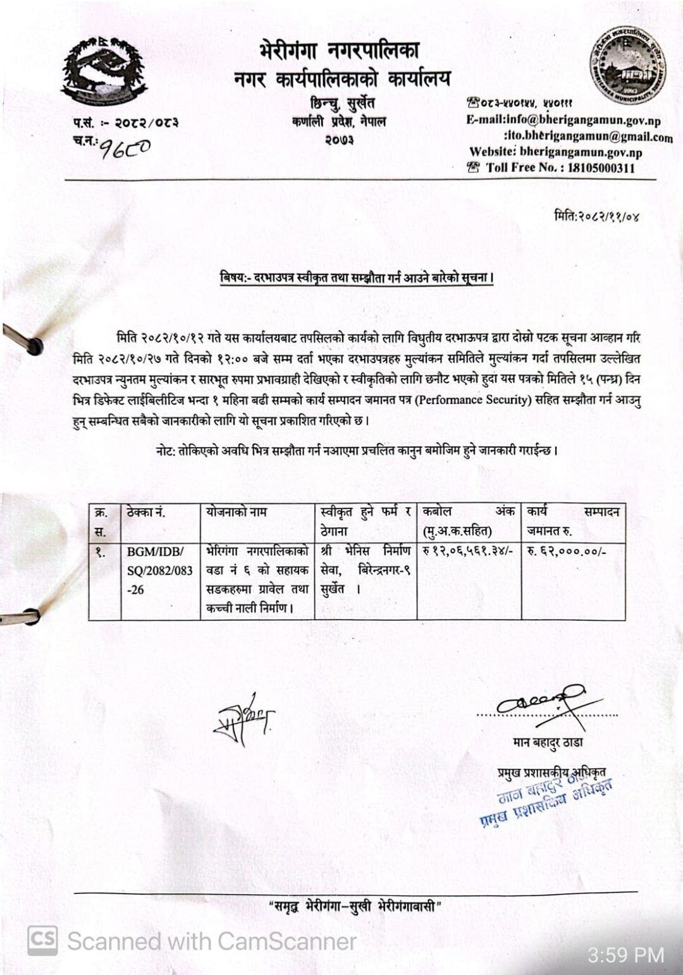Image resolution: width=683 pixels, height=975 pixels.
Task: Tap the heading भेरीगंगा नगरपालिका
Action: pos(339,51)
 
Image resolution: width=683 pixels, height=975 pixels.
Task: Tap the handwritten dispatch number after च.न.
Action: pos(126,148)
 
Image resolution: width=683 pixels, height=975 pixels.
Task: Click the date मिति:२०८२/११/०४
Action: pos(596,216)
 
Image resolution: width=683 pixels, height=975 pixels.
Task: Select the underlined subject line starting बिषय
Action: pos(357,278)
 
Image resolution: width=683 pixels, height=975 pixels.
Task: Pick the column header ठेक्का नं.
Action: pos(146,512)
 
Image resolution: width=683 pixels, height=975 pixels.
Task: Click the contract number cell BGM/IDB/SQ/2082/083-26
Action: pos(160,570)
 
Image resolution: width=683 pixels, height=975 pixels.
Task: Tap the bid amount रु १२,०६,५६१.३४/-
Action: pos(467,551)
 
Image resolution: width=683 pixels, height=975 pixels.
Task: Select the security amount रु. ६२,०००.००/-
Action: pos(567,551)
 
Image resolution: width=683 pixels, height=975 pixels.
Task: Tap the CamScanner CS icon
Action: pos(42,940)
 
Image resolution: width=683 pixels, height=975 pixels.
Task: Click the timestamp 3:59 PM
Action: pos(625,954)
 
